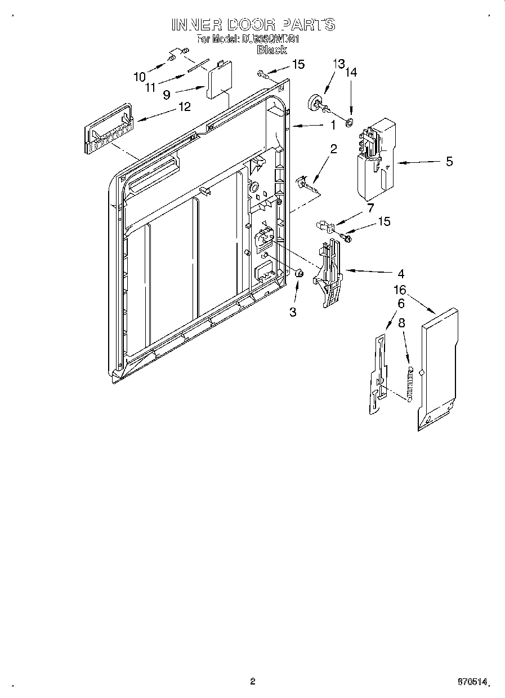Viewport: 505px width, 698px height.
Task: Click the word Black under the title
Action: tap(271, 50)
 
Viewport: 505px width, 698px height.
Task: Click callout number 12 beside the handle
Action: tap(184, 106)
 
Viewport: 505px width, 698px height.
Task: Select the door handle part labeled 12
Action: tap(106, 128)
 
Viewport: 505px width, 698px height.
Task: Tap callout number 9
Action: tap(167, 95)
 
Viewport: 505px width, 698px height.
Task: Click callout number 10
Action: tap(139, 76)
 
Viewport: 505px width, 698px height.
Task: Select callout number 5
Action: tap(449, 162)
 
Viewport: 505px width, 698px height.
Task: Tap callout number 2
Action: tap(333, 149)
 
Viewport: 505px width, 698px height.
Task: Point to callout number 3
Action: tap(293, 312)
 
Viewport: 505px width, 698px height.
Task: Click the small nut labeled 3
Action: tap(300, 273)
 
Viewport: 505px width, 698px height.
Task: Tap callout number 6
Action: tap(401, 303)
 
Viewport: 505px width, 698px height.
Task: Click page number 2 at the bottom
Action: tap(252, 682)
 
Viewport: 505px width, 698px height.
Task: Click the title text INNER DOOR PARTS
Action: tap(253, 25)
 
